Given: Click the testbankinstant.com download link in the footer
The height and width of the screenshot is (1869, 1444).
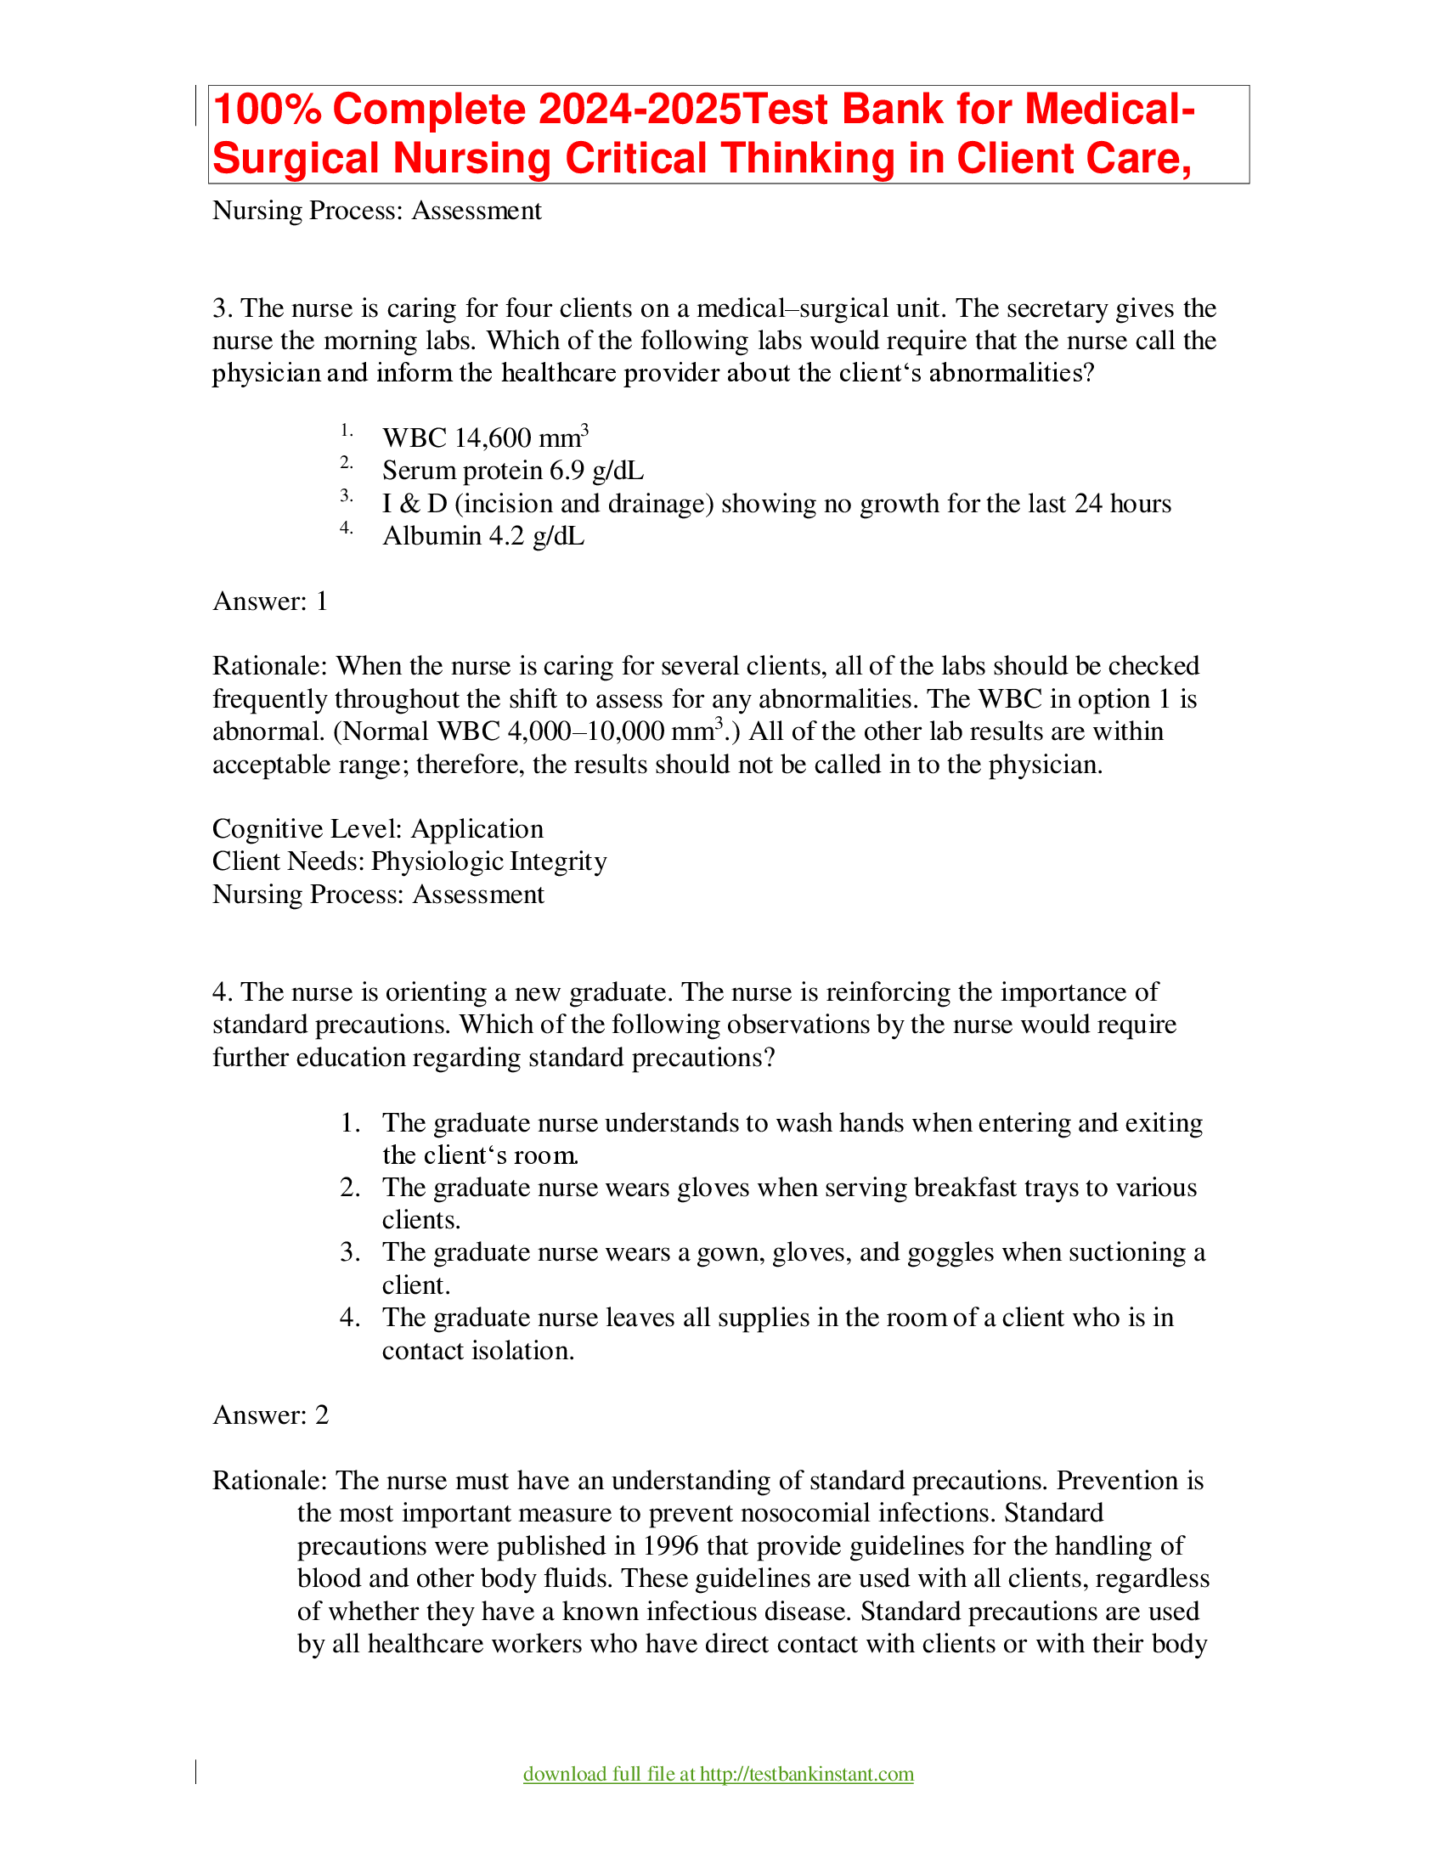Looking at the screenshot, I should click(718, 1774).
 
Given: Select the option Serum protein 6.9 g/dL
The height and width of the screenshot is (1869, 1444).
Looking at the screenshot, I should click(512, 471).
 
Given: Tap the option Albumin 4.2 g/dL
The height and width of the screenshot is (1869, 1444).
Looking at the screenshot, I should click(483, 537).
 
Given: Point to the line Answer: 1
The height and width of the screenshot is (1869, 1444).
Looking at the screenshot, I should click(270, 601).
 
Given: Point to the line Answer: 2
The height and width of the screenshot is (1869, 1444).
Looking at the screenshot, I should click(270, 1415).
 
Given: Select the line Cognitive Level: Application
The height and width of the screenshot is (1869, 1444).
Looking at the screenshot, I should click(377, 829).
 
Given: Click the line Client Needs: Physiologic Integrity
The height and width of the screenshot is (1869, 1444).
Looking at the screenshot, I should click(409, 861).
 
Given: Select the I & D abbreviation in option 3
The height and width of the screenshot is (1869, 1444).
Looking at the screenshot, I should click(414, 504).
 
